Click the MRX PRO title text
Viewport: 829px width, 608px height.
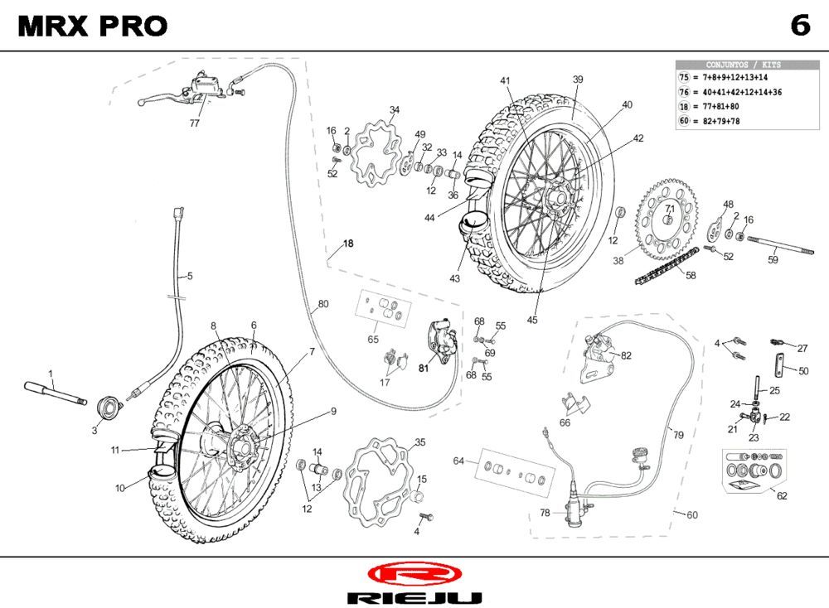[x=92, y=27]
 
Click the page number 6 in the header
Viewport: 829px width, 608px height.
[x=799, y=26]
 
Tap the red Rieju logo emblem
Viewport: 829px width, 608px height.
[x=413, y=574]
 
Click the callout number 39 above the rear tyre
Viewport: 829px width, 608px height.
[x=578, y=80]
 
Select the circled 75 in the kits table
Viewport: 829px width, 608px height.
[x=684, y=77]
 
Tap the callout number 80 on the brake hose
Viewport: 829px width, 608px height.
[x=323, y=304]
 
